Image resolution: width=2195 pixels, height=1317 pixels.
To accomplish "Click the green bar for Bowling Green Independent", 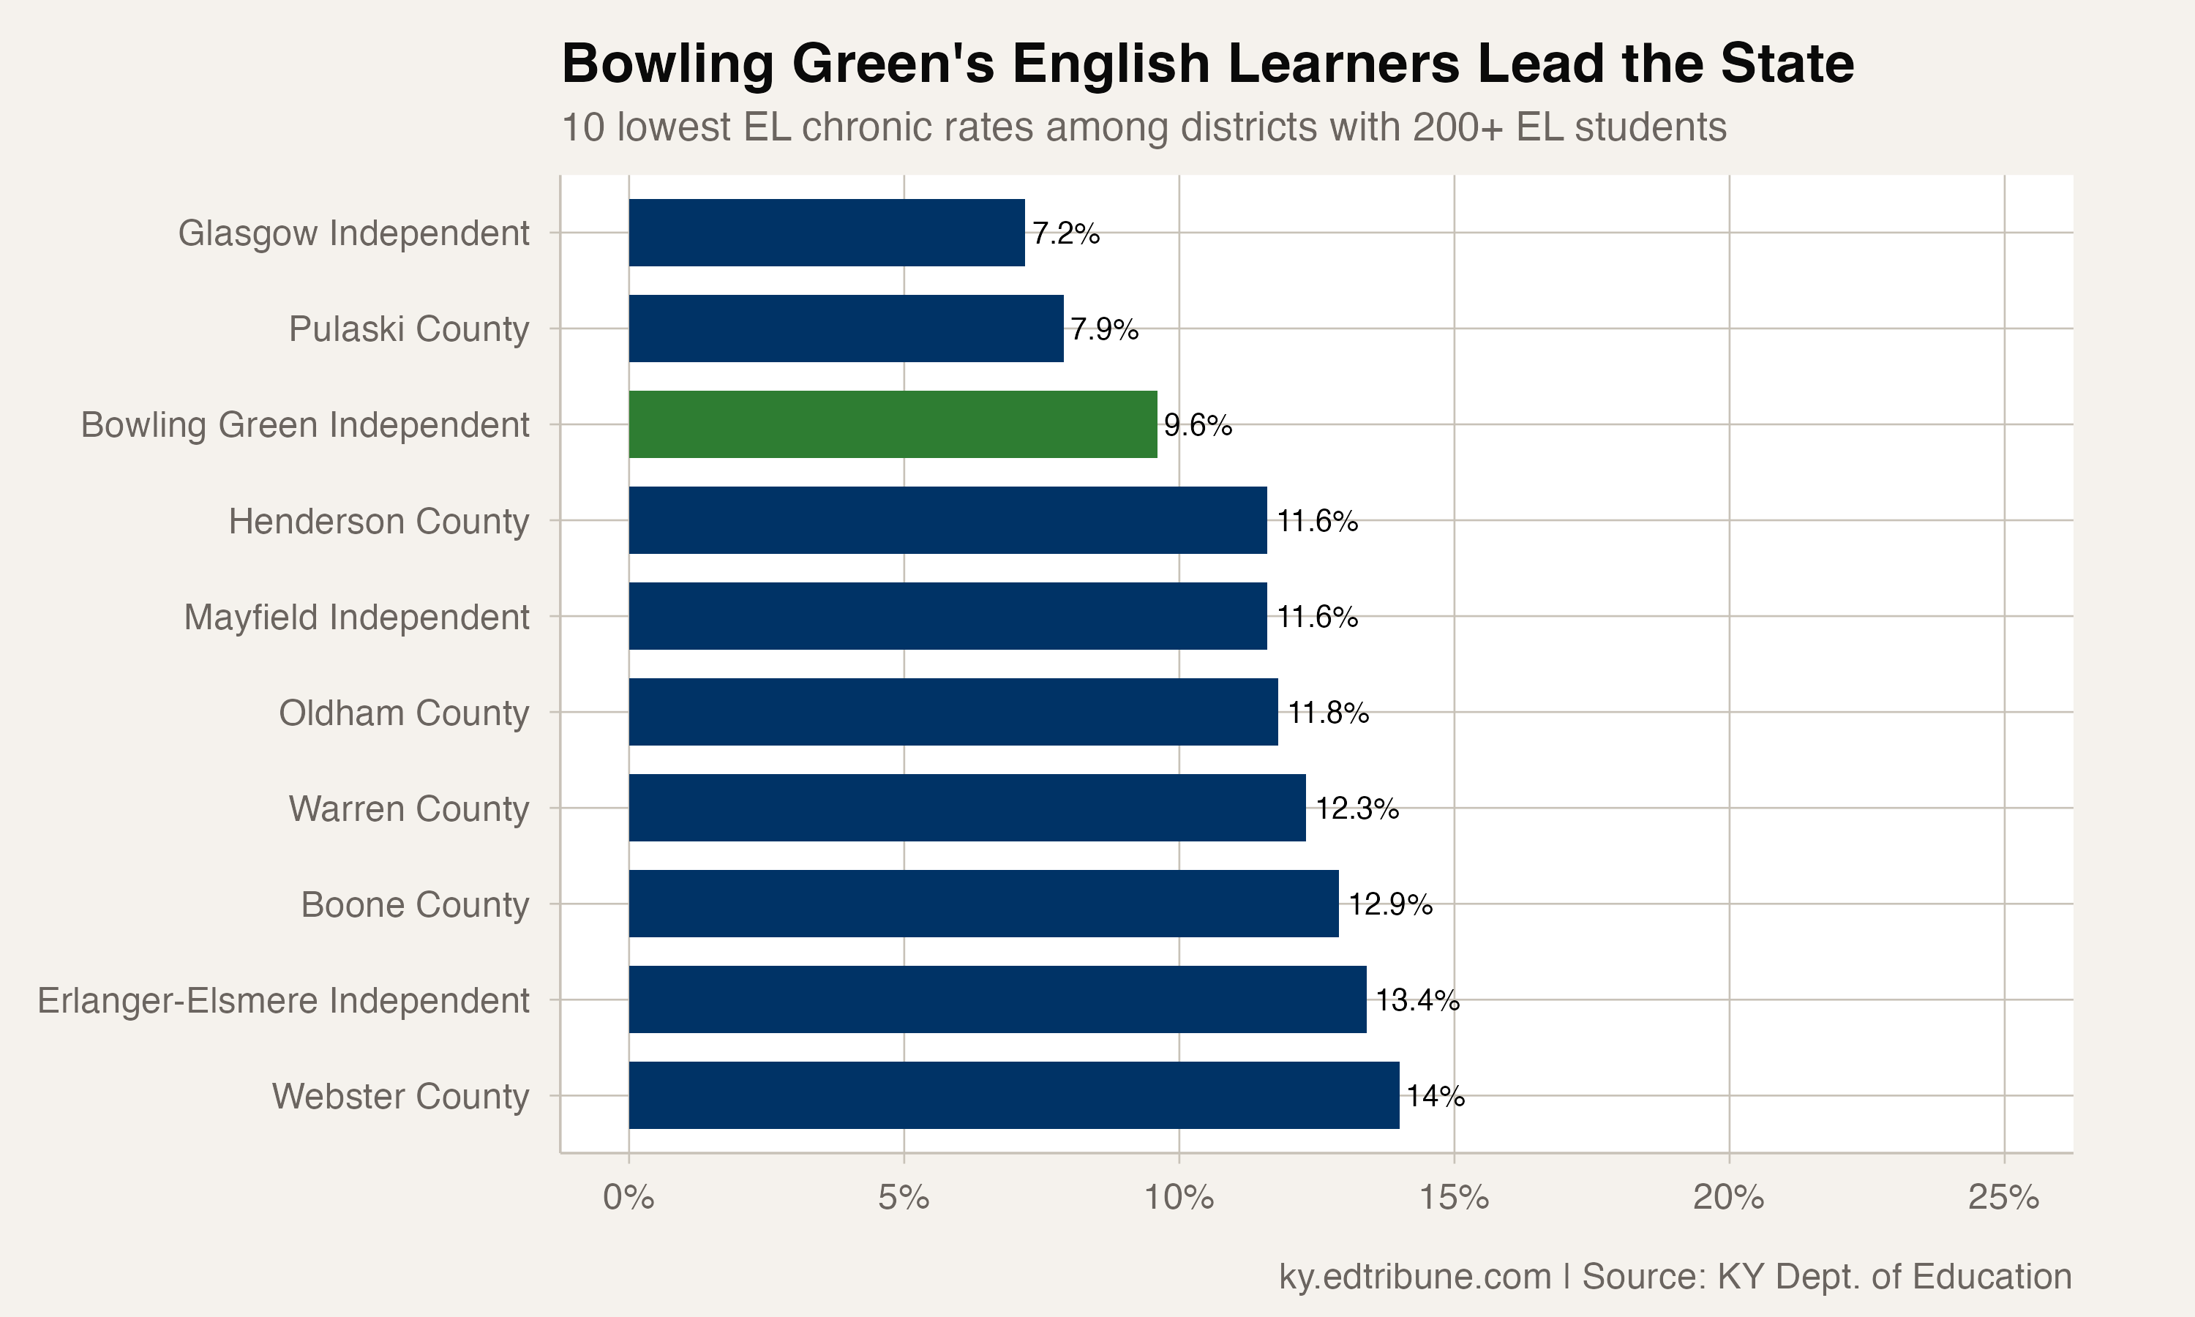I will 893,424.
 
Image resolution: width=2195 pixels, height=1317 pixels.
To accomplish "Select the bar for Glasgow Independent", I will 826,233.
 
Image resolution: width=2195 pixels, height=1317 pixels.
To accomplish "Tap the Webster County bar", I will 1013,1095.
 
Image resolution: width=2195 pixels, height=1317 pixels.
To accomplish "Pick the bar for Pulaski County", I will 846,329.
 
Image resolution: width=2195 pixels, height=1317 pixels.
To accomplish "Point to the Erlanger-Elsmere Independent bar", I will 997,999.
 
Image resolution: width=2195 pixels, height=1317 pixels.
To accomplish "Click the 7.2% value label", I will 1065,233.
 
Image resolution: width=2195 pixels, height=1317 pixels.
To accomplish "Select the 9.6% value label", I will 1198,425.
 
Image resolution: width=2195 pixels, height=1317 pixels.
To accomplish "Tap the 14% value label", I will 1436,1096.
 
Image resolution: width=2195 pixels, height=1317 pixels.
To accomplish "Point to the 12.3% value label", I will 1357,808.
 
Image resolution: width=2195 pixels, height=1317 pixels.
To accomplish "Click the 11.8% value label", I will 1328,713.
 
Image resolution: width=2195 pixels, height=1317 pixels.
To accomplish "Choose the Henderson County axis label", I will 379,521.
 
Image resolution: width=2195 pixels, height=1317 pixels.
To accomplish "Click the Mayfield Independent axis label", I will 356,617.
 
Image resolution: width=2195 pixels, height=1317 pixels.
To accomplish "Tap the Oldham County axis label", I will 404,713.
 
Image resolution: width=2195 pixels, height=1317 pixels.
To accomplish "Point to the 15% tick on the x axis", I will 1454,1198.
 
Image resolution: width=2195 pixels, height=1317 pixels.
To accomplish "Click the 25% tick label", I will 2003,1198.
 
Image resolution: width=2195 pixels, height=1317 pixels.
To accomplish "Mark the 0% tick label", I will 629,1198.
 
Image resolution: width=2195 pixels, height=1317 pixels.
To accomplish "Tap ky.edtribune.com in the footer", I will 1414,1276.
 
